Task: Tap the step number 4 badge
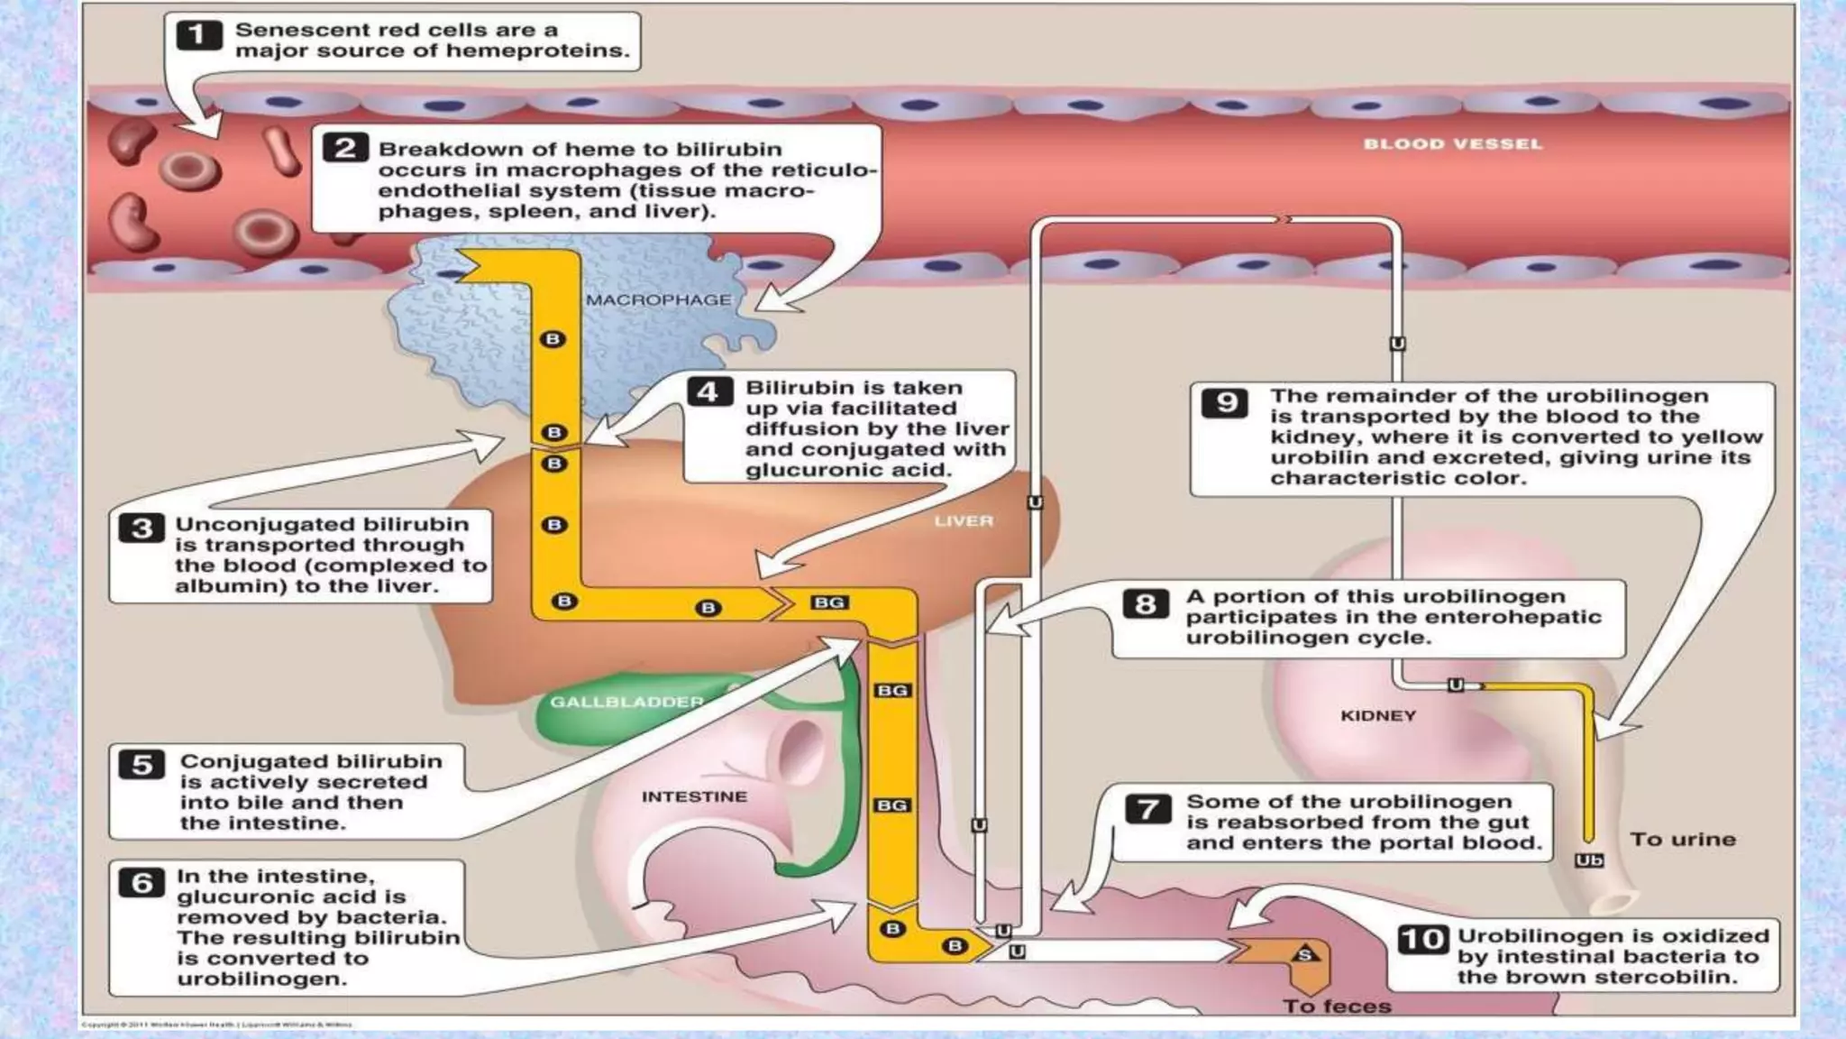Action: click(x=708, y=391)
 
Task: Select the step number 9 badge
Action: click(x=1226, y=401)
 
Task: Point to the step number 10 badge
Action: click(x=1423, y=939)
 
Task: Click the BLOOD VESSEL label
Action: click(x=1452, y=143)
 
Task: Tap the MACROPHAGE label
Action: click(x=658, y=299)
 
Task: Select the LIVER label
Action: click(x=963, y=520)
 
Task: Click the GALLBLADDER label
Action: click(x=626, y=701)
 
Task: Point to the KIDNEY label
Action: click(x=1378, y=715)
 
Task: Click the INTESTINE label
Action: click(x=694, y=796)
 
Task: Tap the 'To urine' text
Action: click(x=1683, y=839)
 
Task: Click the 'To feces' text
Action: click(x=1337, y=1006)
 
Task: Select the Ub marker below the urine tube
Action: click(x=1588, y=860)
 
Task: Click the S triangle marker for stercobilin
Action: click(x=1304, y=953)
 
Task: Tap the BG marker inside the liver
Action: click(x=828, y=602)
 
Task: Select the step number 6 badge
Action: click(x=142, y=882)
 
